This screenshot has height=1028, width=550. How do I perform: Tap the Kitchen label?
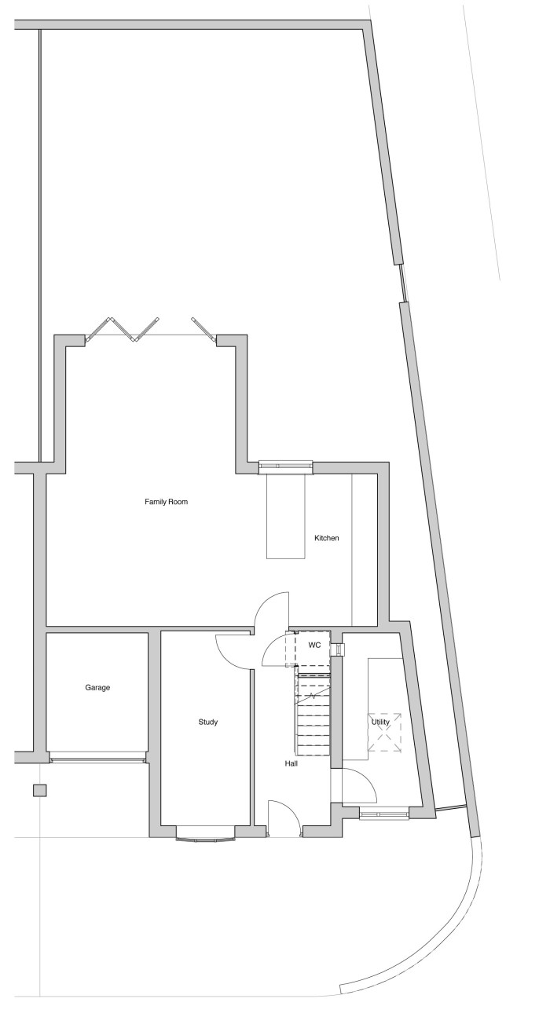pyautogui.click(x=326, y=538)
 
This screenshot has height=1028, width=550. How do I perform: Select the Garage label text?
pyautogui.click(x=97, y=687)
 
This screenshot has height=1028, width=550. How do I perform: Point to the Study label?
pyautogui.click(x=207, y=722)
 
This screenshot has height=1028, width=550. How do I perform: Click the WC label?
pyautogui.click(x=314, y=645)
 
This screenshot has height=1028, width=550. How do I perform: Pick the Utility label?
pyautogui.click(x=380, y=721)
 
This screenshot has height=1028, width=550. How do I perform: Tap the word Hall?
pyautogui.click(x=291, y=763)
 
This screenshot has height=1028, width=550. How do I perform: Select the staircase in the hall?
pyautogui.click(x=312, y=712)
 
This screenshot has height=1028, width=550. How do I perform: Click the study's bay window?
pyautogui.click(x=207, y=834)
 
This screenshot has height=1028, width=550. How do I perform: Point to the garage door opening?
pyautogui.click(x=97, y=759)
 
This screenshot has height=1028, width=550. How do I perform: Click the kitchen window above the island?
pyautogui.click(x=286, y=466)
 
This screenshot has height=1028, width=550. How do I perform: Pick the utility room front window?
pyautogui.click(x=383, y=814)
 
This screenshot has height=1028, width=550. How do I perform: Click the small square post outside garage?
pyautogui.click(x=39, y=790)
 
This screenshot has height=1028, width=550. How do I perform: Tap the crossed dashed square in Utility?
pyautogui.click(x=385, y=732)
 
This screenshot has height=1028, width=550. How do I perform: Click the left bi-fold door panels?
pyautogui.click(x=122, y=329)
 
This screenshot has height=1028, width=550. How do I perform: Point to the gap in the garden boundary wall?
pyautogui.click(x=402, y=283)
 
